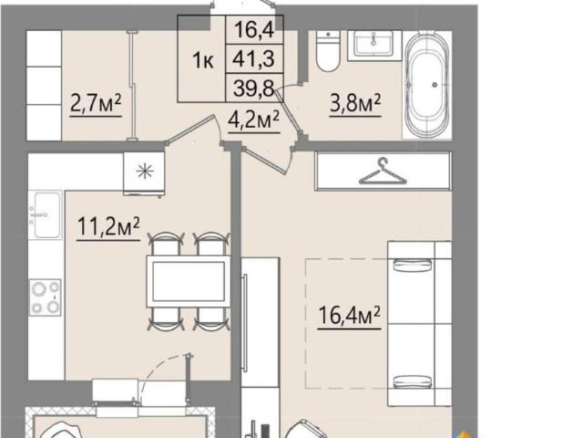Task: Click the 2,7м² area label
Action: [96, 103]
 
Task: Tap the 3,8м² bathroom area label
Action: [355, 103]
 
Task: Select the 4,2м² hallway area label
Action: [254, 120]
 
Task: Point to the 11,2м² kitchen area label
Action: [108, 226]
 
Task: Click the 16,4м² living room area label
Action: [350, 316]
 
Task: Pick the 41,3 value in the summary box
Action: [253, 58]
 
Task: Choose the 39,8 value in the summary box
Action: [254, 88]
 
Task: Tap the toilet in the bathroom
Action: [328, 51]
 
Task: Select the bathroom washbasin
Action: [374, 46]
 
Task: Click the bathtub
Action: [427, 85]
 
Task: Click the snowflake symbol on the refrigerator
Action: [145, 172]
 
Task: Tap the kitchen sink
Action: [46, 215]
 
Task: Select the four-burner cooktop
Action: [46, 297]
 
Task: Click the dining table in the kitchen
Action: [189, 281]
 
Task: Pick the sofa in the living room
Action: [419, 323]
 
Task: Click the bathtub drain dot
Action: [435, 85]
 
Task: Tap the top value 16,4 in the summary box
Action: [255, 30]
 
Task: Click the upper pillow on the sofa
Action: [413, 265]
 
